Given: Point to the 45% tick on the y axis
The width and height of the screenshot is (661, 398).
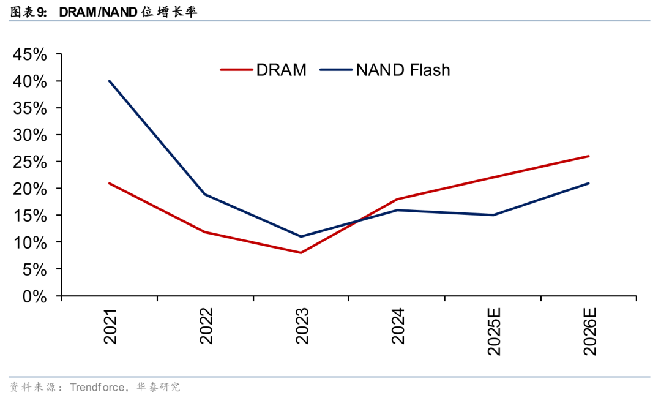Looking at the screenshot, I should tap(30, 54).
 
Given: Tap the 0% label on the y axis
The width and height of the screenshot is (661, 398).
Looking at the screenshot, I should tap(35, 296).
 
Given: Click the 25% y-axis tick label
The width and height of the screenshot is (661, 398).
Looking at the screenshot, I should tap(30, 162).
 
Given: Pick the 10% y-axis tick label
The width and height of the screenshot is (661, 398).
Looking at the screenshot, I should tap(30, 242).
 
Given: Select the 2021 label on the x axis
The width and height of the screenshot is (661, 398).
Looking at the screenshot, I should tap(111, 326).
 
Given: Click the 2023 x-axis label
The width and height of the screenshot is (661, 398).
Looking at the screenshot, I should tap(302, 326).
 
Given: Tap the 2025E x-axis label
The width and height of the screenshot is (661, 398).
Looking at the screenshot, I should tap(493, 331).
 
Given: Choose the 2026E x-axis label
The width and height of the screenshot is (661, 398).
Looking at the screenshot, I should tap(589, 331).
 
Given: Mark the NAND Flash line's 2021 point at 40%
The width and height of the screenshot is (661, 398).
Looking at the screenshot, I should tap(110, 81).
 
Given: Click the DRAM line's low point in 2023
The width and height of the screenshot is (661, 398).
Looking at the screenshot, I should tap(301, 253).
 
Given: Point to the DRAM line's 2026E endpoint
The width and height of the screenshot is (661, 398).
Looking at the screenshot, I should tap(589, 156).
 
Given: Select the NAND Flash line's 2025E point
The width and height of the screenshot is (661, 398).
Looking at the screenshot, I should tap(493, 215).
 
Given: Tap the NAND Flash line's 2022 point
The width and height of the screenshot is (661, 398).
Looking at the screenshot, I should tap(205, 194).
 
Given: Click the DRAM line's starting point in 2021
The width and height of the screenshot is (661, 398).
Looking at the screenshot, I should tap(110, 183).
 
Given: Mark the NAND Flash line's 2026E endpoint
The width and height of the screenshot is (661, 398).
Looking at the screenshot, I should tap(589, 183).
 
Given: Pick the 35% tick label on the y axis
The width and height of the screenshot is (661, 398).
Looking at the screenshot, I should tap(30, 108).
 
